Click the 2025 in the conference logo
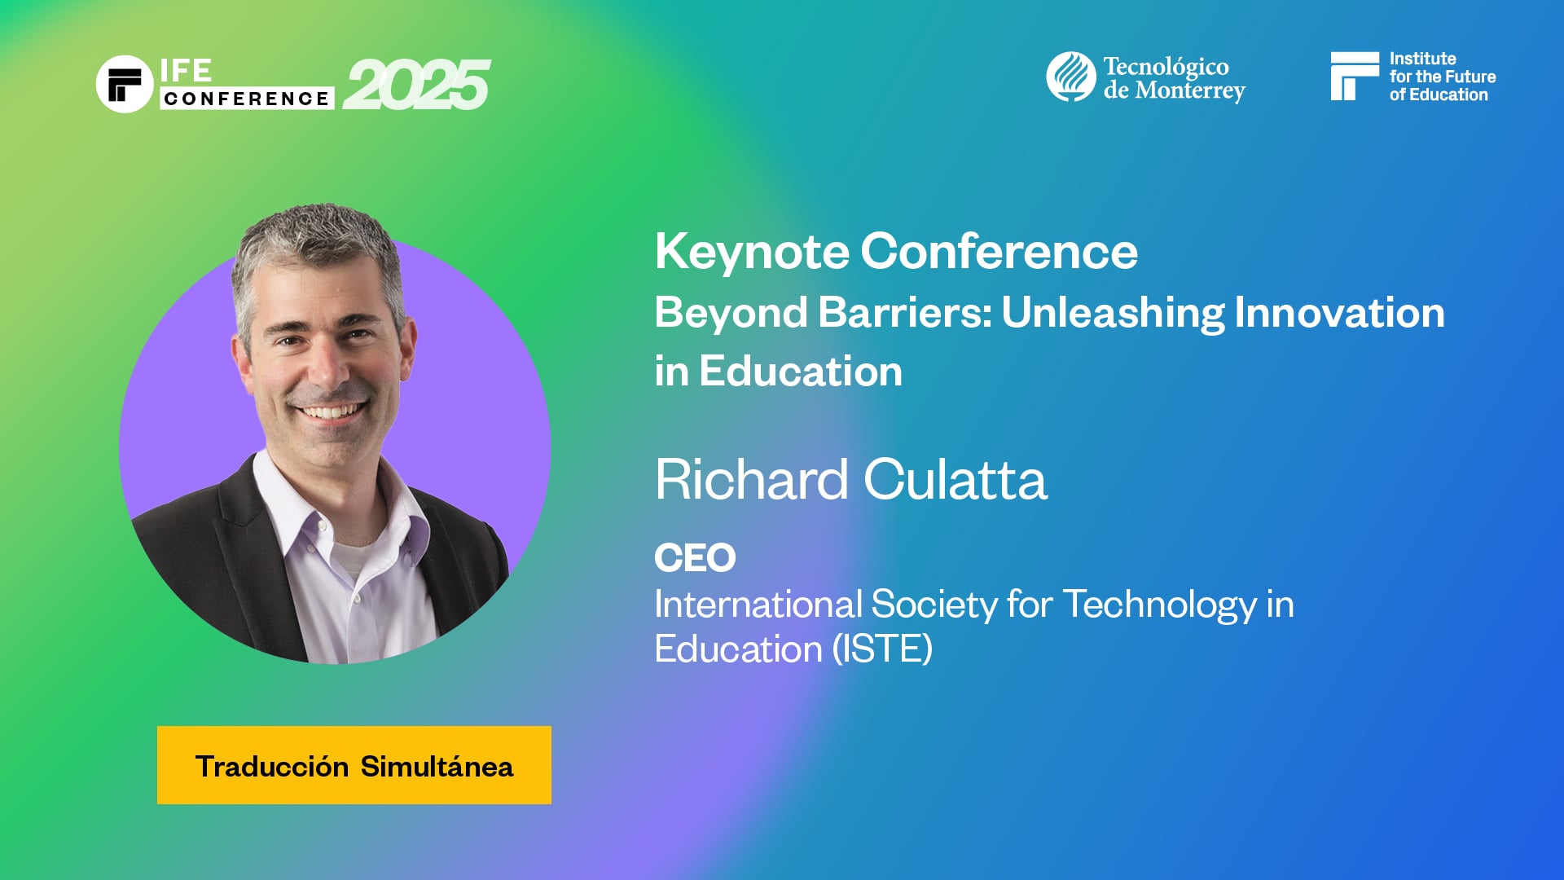(416, 85)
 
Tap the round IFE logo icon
(125, 84)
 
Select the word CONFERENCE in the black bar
(246, 99)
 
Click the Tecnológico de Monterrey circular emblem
(1070, 77)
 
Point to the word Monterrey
(1190, 90)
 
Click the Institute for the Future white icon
(1354, 76)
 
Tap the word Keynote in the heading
(752, 251)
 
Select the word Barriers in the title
(904, 313)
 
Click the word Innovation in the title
(1339, 313)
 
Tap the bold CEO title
(695, 558)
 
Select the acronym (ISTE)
(882, 649)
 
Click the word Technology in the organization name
(1159, 605)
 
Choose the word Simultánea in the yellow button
(437, 767)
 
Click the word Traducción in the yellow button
(272, 767)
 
